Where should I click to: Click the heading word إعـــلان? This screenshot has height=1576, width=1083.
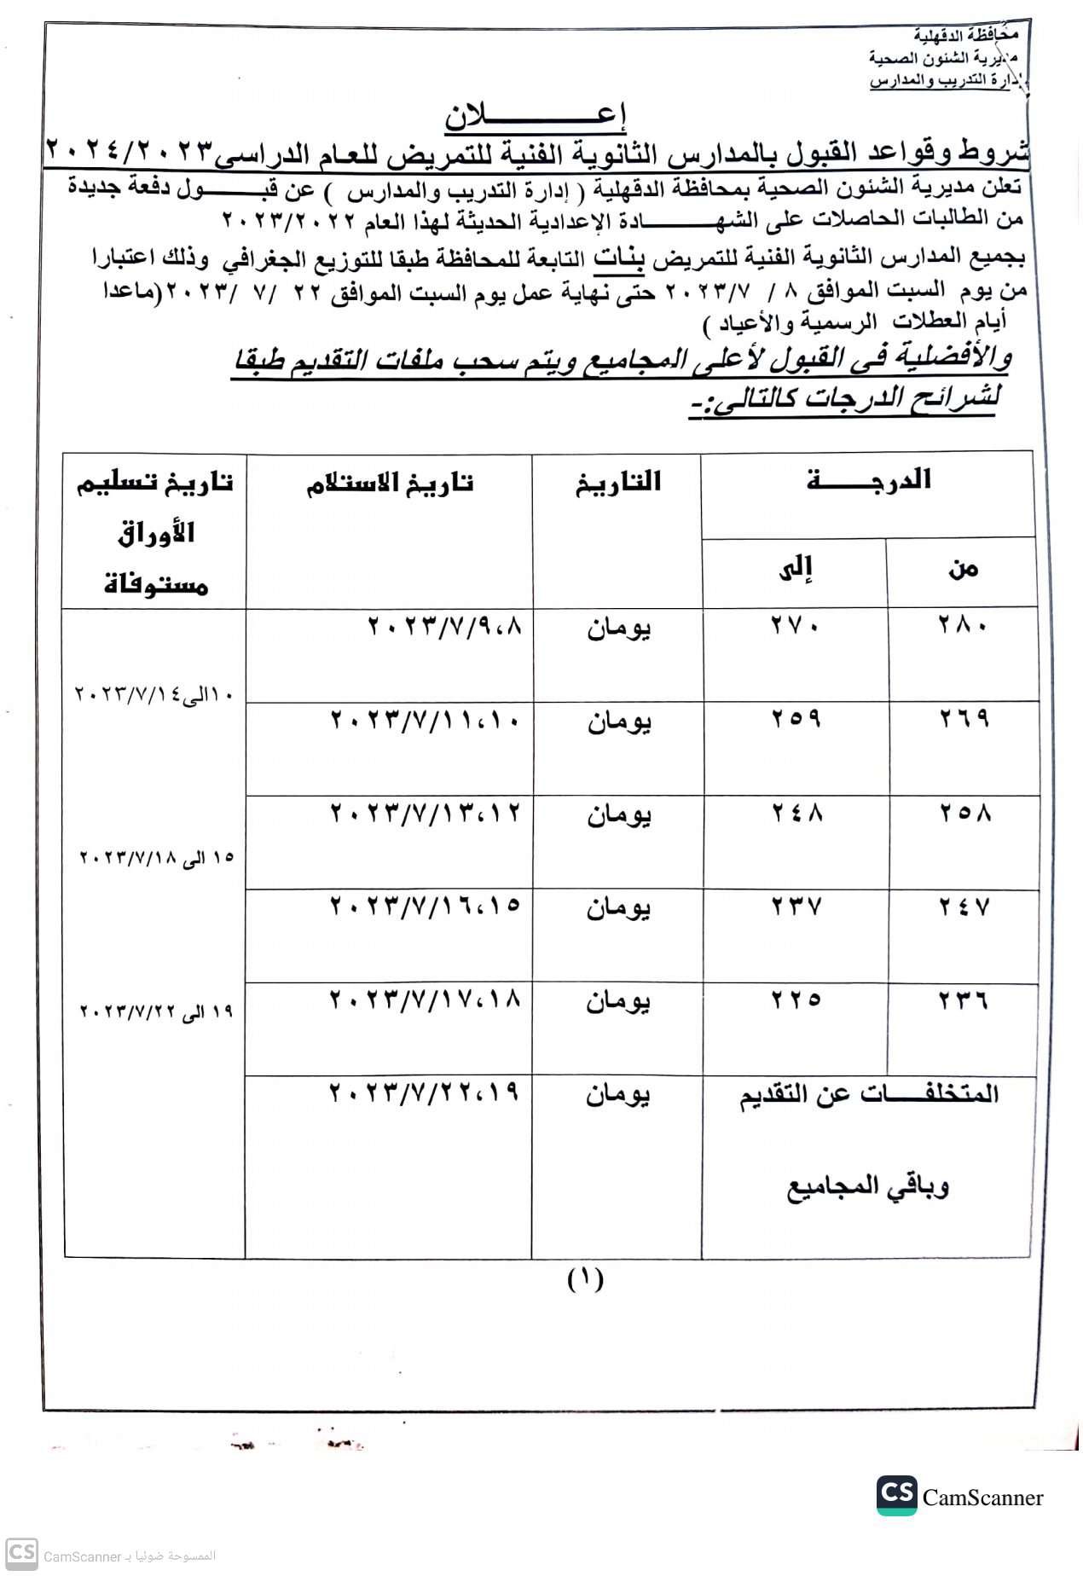point(535,116)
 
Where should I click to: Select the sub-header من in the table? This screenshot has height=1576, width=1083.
point(963,569)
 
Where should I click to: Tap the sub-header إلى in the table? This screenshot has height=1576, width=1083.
point(796,569)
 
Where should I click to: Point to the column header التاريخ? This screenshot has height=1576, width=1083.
point(618,483)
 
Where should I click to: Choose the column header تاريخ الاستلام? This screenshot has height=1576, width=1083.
point(390,484)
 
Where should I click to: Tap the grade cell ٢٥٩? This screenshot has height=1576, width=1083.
point(796,718)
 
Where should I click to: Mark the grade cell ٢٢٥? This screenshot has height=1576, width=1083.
point(796,999)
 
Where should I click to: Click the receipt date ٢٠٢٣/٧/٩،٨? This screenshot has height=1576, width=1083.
point(443,627)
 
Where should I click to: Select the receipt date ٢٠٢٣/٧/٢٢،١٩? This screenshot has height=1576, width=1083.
point(424,1092)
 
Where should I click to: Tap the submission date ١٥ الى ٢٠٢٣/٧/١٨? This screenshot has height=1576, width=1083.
point(156,857)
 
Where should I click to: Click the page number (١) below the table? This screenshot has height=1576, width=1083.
point(585,1278)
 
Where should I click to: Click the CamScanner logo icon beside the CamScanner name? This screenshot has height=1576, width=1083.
point(896,1495)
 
